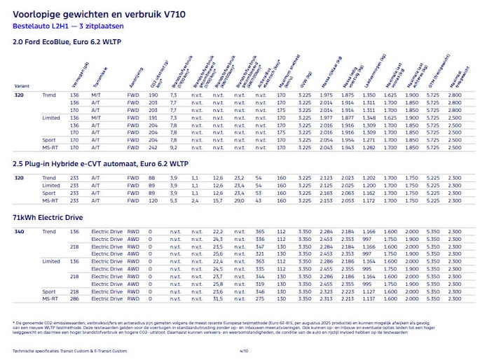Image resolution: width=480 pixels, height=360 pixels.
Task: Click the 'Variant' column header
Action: coord(20,86)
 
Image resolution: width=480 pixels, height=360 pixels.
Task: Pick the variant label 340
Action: coord(20,232)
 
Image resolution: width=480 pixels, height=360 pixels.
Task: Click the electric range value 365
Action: coord(260,232)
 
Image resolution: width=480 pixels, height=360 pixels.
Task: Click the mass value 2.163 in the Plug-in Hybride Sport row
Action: coord(326,193)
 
